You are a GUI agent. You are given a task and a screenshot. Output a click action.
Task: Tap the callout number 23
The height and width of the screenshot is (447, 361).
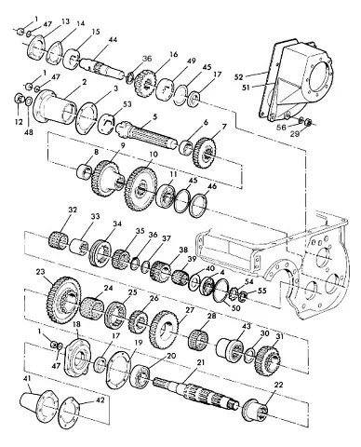(40, 272)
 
